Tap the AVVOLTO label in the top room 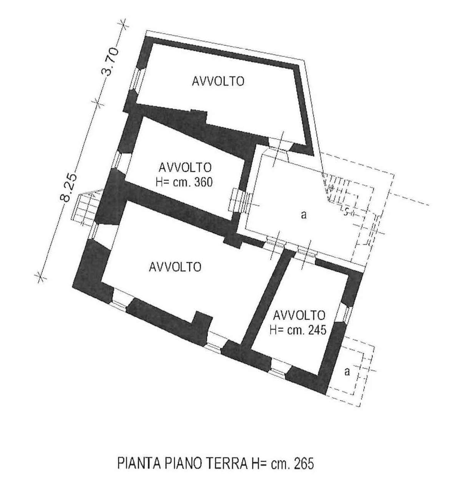point(218,81)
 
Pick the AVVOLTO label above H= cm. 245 point(299,316)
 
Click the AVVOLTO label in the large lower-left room point(175,267)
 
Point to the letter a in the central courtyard point(304,215)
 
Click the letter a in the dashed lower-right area point(347,372)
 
